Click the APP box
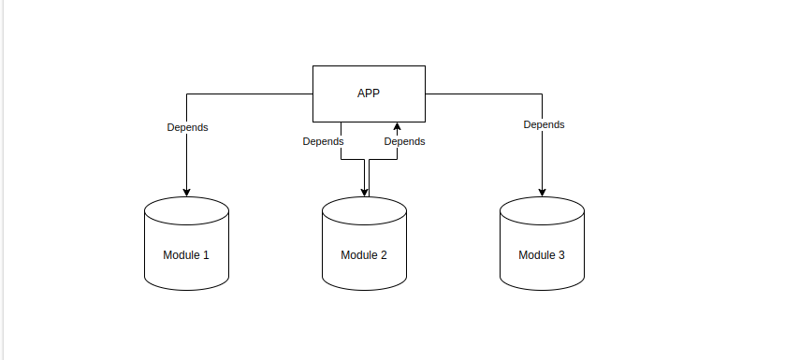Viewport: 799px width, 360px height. coord(369,94)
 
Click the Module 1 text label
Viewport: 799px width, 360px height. coord(186,255)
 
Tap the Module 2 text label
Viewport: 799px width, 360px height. coord(364,255)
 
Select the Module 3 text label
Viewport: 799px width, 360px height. coord(542,255)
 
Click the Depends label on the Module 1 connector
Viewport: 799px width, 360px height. coord(187,127)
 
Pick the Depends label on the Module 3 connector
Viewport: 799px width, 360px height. coord(544,124)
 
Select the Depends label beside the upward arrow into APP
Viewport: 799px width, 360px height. coord(404,142)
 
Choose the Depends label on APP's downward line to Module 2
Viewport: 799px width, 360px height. coord(323,142)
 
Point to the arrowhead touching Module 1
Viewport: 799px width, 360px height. coord(187,192)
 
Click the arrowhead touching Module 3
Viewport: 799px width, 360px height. coord(543,192)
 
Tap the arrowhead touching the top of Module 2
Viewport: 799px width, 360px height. coord(364,193)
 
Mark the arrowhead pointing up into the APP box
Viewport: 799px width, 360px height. coord(398,126)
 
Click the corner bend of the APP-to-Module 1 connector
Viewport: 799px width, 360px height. coord(187,94)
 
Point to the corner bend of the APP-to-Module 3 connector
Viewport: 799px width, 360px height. coord(543,94)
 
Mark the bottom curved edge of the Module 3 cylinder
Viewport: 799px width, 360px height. coord(543,287)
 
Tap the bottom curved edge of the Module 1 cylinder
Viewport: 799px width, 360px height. coord(187,287)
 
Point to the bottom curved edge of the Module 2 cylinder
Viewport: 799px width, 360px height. coord(365,287)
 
